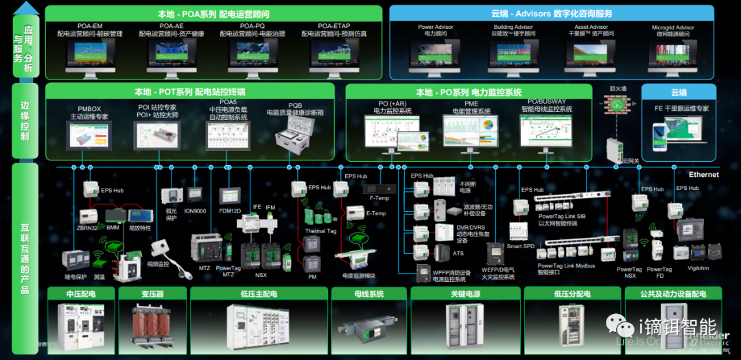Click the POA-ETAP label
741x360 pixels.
click(334, 26)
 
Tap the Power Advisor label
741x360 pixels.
click(436, 27)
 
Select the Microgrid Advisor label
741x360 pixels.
click(672, 28)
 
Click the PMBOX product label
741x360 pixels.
click(89, 108)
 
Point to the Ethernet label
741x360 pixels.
click(703, 175)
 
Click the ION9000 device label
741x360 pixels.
click(195, 211)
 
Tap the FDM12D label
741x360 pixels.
click(229, 211)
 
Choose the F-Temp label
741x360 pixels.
click(379, 198)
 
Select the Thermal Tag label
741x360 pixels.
click(320, 231)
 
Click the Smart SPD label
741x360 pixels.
click(520, 246)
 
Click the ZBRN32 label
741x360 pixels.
click(87, 227)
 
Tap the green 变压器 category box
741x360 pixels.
click(152, 294)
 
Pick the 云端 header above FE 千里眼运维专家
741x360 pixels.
click(678, 93)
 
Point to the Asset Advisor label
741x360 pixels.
click(593, 27)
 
